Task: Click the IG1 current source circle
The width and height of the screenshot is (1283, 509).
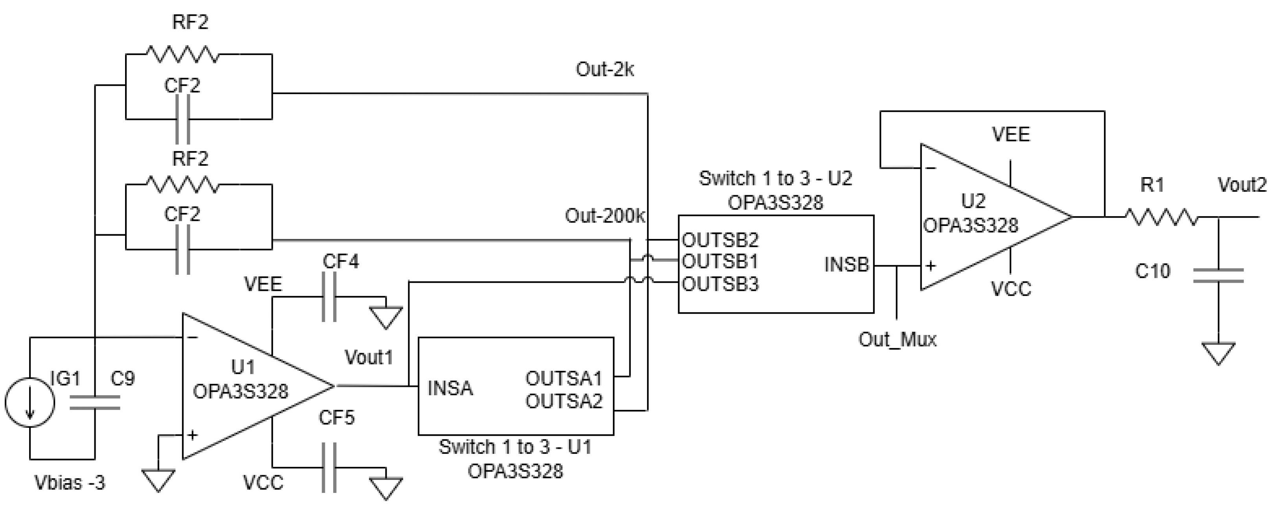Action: point(30,402)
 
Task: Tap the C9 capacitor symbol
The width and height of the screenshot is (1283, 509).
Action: point(95,402)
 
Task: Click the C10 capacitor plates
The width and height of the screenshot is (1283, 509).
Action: point(1218,275)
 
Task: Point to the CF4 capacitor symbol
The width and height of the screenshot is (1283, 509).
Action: point(329,298)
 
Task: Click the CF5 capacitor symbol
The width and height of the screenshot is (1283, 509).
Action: point(329,467)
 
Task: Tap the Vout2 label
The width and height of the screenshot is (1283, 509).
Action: point(1242,185)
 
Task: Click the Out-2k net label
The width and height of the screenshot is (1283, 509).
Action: point(605,70)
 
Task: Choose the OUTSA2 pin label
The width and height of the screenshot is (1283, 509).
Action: point(564,401)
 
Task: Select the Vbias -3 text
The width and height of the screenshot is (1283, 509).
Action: point(70,483)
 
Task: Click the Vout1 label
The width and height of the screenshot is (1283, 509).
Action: point(369,357)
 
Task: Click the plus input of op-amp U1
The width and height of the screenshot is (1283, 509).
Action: point(192,435)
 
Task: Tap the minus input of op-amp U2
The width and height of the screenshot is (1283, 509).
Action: point(930,168)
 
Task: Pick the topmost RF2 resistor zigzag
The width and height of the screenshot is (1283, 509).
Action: point(182,54)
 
